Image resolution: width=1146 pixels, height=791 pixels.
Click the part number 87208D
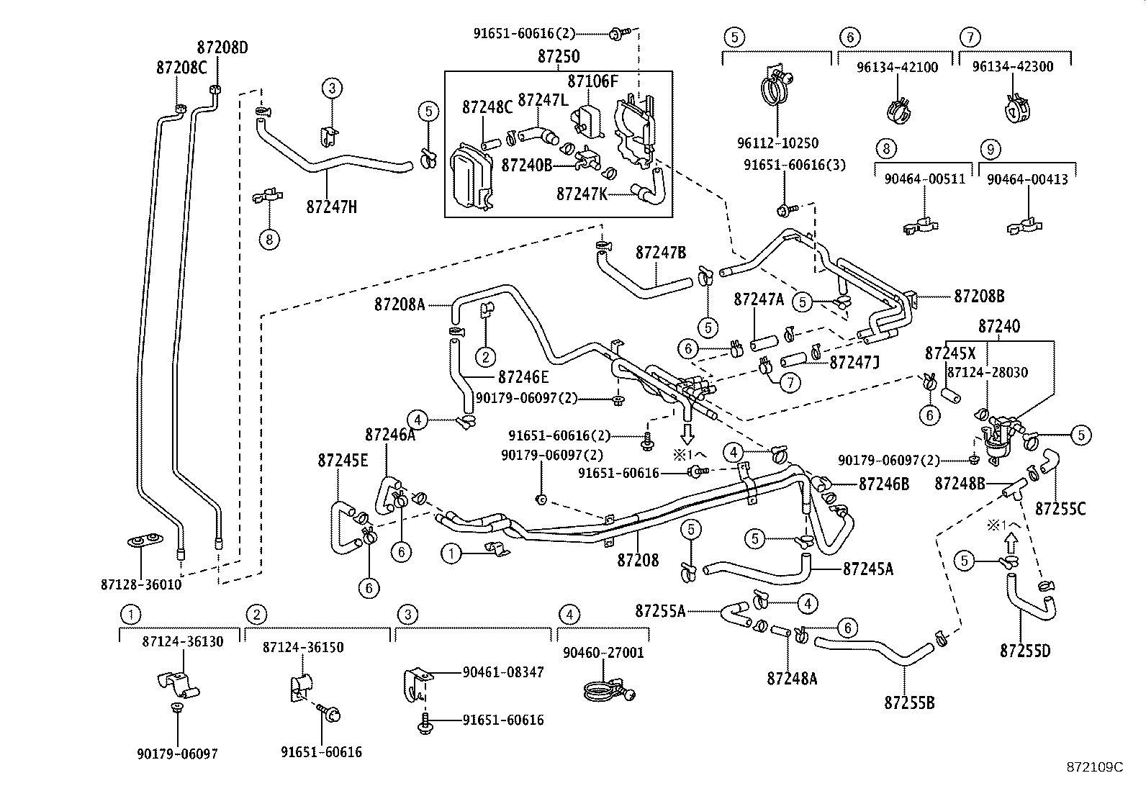[222, 48]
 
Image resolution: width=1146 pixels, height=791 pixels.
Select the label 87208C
[181, 68]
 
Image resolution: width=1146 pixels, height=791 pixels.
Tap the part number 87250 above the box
[558, 57]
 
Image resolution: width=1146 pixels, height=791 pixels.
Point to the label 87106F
[592, 81]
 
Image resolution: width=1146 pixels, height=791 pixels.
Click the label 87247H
[331, 207]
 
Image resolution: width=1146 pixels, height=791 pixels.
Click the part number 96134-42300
[1012, 67]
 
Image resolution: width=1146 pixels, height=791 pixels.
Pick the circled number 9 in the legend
[991, 149]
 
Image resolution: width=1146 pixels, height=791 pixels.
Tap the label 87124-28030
[987, 372]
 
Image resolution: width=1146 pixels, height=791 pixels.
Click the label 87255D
[1024, 651]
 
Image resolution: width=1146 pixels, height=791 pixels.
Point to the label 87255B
[909, 703]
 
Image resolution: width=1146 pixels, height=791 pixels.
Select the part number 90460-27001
[603, 653]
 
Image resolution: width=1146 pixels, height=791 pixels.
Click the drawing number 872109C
[1094, 767]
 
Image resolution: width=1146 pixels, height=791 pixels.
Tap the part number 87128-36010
[141, 584]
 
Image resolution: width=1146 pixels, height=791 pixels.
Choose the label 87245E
[343, 461]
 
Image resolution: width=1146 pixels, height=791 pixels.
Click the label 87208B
[979, 296]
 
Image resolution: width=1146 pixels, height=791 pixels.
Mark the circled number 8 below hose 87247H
[269, 240]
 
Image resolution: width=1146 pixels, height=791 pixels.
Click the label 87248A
[792, 678]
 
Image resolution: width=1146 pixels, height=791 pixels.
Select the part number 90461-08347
[502, 672]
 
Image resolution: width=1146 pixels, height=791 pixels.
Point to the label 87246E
[523, 377]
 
